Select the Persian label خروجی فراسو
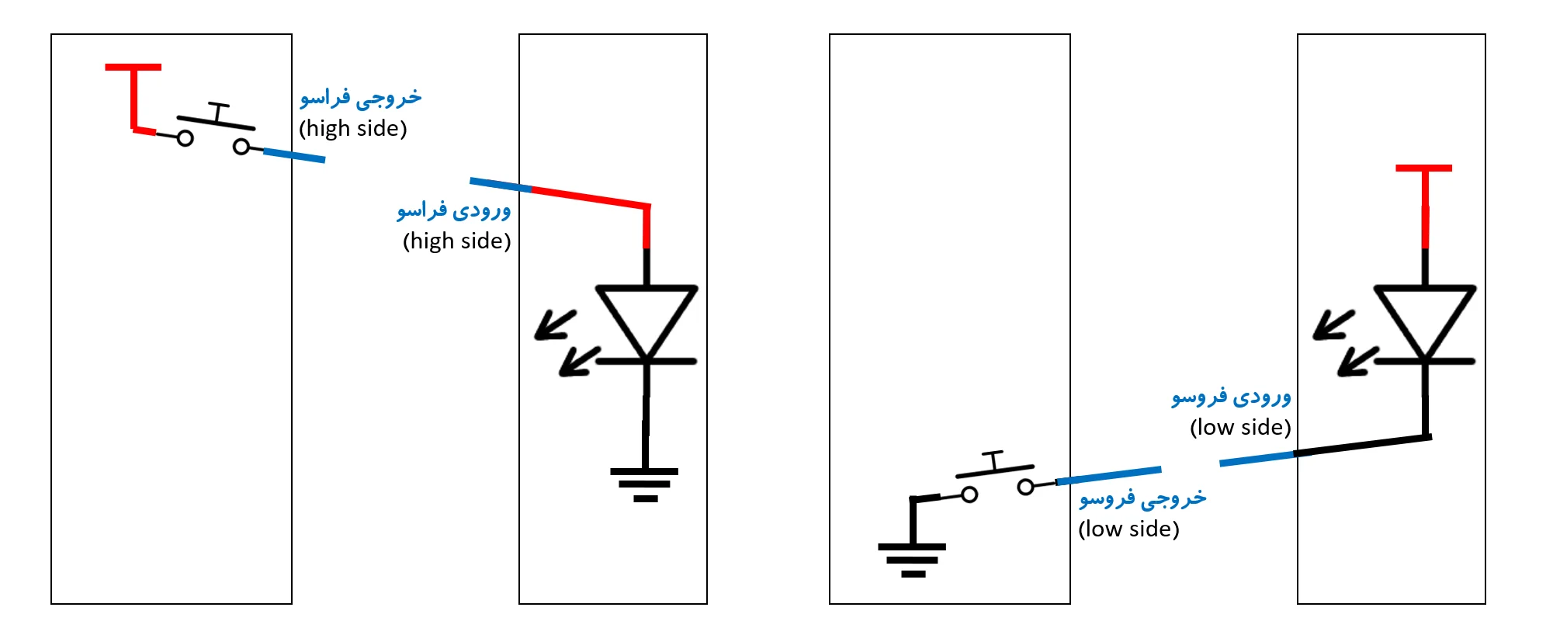click(x=361, y=98)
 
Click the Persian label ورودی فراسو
click(x=454, y=210)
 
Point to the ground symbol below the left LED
click(x=644, y=484)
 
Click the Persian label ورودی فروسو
click(x=1231, y=397)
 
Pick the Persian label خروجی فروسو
click(x=1142, y=498)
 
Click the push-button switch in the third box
click(x=997, y=477)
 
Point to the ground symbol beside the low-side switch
click(x=913, y=558)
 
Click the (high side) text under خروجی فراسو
click(x=353, y=129)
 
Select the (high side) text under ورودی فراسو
click(x=456, y=241)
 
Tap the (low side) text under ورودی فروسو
click(x=1240, y=428)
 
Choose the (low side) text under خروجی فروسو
click(x=1128, y=529)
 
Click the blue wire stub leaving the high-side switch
click(x=294, y=154)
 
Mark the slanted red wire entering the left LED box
click(x=590, y=197)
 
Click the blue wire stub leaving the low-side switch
click(x=1109, y=476)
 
